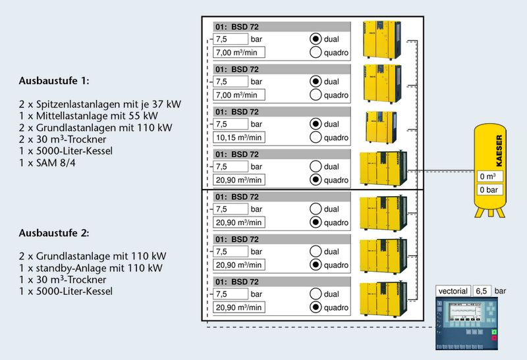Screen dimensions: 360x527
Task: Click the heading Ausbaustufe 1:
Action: tap(54, 81)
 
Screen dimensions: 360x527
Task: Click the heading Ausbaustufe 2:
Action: tap(54, 233)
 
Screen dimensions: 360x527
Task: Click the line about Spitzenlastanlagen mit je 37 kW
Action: tap(100, 105)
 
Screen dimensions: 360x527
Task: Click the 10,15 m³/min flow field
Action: tap(238, 138)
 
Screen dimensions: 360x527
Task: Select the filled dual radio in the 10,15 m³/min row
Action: tap(316, 124)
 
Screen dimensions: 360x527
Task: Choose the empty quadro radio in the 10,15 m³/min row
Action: tap(316, 138)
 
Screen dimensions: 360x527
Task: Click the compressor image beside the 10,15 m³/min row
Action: tap(381, 127)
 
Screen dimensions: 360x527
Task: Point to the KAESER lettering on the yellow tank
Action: tap(499, 151)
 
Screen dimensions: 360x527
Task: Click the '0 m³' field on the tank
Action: tap(491, 176)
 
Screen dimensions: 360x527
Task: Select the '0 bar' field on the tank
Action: tap(491, 190)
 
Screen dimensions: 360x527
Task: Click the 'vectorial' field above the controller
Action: tap(453, 291)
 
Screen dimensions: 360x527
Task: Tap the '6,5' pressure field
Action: tap(482, 291)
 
